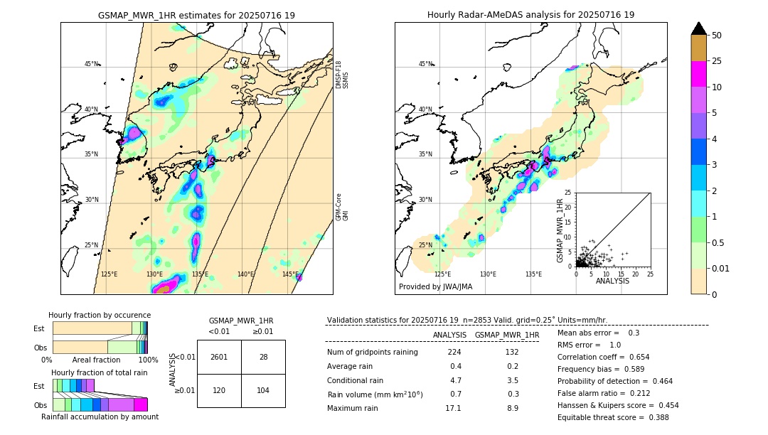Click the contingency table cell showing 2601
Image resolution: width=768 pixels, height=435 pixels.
click(x=219, y=357)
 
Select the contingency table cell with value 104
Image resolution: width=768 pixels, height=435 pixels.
click(x=263, y=390)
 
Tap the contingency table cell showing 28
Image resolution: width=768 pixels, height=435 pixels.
click(x=263, y=357)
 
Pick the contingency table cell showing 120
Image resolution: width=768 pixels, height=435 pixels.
click(x=219, y=390)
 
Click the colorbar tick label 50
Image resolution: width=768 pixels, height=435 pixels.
click(x=717, y=36)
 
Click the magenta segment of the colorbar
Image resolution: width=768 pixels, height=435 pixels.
click(x=699, y=74)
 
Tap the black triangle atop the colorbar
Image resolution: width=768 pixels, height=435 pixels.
click(x=699, y=28)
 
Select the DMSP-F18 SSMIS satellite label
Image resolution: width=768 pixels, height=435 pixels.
click(x=342, y=75)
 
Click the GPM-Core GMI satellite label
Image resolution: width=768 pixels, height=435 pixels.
click(x=342, y=206)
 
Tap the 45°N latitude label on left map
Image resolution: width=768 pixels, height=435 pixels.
click(x=91, y=64)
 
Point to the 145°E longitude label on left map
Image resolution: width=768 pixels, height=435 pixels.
click(x=290, y=274)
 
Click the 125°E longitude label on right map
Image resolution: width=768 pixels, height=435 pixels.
click(x=442, y=274)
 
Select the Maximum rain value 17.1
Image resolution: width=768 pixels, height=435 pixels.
click(x=453, y=408)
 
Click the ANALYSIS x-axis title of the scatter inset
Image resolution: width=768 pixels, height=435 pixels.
click(x=612, y=281)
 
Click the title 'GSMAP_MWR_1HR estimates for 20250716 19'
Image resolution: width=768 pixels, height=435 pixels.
click(x=196, y=15)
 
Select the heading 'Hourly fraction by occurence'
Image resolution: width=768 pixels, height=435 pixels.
click(x=100, y=315)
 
